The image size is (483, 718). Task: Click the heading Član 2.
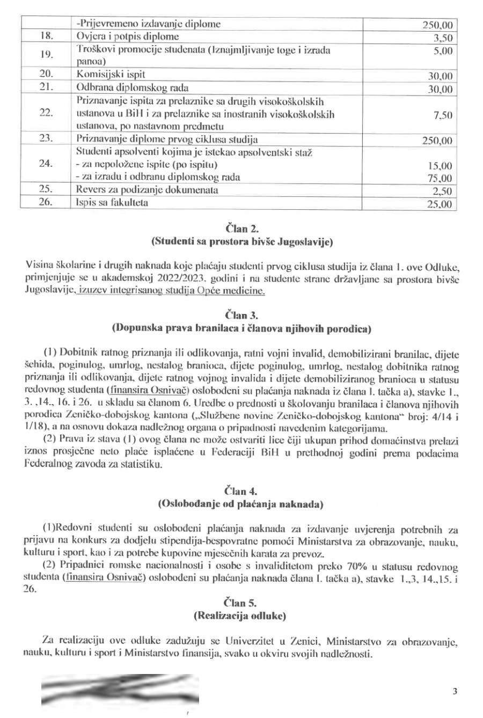tap(241, 229)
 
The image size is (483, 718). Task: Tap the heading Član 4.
tap(241, 491)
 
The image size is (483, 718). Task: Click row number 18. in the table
tap(46, 37)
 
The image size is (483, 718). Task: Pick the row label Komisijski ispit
tap(111, 75)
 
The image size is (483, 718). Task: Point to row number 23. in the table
tap(46, 139)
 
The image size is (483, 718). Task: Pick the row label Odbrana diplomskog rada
tap(133, 87)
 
